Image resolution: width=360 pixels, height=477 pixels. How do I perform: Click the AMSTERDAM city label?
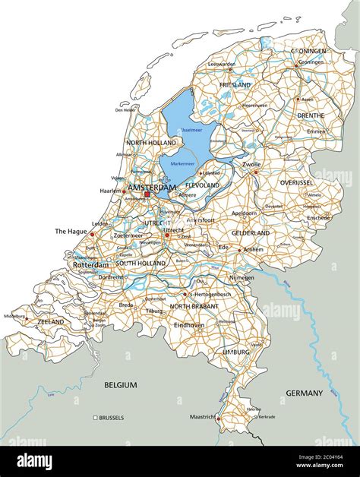click(x=152, y=187)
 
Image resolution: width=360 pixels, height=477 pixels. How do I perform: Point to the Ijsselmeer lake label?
click(x=192, y=130)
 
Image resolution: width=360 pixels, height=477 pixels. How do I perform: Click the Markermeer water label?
click(x=182, y=163)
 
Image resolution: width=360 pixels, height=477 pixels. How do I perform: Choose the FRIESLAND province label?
click(x=235, y=85)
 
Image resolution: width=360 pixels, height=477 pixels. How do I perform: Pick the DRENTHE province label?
click(x=310, y=115)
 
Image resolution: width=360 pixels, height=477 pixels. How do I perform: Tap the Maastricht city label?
click(x=203, y=417)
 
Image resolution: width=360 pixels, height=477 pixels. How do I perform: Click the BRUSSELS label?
click(x=111, y=418)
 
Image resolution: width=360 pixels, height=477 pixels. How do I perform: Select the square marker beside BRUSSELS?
click(x=95, y=418)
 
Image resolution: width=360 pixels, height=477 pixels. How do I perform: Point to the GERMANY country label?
click(x=304, y=393)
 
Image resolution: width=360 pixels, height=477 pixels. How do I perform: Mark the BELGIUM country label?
click(x=121, y=385)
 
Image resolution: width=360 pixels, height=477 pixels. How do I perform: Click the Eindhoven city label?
click(x=189, y=324)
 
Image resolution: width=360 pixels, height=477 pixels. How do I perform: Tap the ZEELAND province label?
click(x=50, y=322)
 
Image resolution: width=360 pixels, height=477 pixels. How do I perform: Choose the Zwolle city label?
click(x=251, y=164)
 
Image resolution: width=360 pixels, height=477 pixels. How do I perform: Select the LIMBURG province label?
click(x=236, y=353)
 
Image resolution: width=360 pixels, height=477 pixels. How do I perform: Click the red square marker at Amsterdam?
click(x=147, y=194)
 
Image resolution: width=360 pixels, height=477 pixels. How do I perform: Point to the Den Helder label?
click(x=125, y=110)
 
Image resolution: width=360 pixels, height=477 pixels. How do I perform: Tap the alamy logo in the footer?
click(x=37, y=461)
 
